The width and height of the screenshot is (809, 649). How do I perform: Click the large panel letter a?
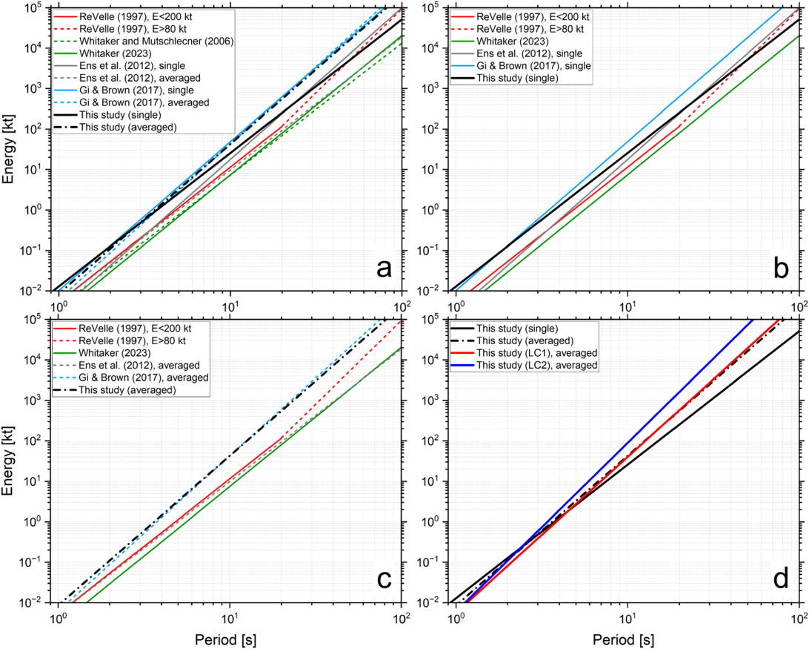384,269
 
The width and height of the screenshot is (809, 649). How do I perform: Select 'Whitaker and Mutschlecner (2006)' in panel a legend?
156,42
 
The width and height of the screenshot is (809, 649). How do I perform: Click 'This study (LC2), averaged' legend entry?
536,366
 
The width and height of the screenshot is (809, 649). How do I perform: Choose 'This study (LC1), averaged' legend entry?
536,353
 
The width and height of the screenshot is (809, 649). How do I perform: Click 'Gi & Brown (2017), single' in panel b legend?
533,66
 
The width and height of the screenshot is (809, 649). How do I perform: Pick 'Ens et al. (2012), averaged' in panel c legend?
139,366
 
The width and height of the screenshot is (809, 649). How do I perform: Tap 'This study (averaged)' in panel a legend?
128,127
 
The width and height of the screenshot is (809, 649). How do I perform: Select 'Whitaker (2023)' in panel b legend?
513,42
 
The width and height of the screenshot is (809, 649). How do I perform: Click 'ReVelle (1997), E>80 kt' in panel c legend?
132,340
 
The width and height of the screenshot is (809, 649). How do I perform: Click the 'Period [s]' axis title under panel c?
225,640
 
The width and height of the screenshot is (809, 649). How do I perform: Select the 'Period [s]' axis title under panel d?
623,640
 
